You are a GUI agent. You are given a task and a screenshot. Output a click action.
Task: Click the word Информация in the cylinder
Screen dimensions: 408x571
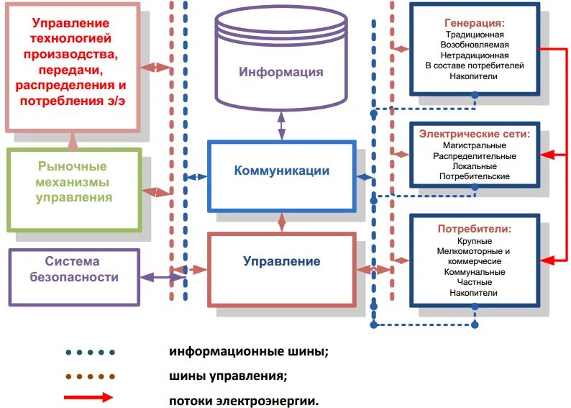click(x=281, y=72)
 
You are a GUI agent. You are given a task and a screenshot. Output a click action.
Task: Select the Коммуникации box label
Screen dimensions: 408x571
click(x=281, y=171)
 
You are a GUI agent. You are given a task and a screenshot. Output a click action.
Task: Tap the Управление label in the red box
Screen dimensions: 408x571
click(x=281, y=260)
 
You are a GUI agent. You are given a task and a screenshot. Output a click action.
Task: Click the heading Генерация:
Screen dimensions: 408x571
click(x=475, y=22)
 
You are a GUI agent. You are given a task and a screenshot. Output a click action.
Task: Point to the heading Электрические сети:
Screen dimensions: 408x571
click(x=475, y=134)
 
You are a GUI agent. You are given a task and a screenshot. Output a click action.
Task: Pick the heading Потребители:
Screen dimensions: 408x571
click(x=475, y=229)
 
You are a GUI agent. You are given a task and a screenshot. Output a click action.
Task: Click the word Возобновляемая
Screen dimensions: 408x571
click(x=475, y=45)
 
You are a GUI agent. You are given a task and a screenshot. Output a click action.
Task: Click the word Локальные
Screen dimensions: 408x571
click(x=475, y=166)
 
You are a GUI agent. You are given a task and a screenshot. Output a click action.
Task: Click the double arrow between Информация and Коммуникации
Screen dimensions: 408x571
click(x=281, y=126)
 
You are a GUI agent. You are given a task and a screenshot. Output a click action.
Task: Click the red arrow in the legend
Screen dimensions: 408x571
click(x=88, y=396)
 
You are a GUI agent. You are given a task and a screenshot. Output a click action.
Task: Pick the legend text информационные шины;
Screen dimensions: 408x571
click(x=249, y=352)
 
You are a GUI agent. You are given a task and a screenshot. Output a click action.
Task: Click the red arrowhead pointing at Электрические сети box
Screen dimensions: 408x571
click(x=546, y=155)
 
